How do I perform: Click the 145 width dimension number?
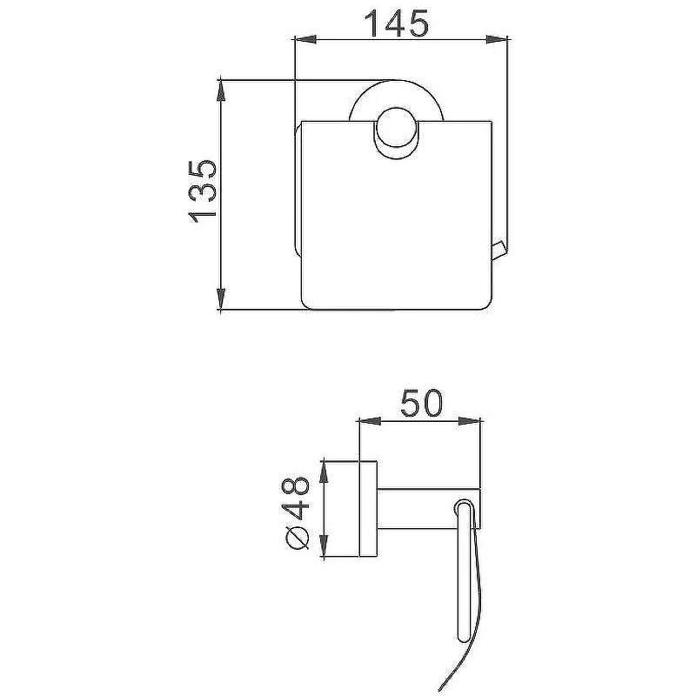(x=397, y=23)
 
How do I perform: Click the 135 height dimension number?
(x=203, y=188)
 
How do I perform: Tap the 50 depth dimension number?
(x=422, y=403)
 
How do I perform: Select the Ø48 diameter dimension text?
(x=296, y=513)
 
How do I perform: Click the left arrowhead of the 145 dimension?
(x=305, y=40)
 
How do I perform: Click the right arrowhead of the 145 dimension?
(x=496, y=40)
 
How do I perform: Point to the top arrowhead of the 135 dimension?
(x=221, y=91)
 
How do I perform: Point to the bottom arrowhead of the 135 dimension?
(x=221, y=298)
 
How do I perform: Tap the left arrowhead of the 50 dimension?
(x=369, y=421)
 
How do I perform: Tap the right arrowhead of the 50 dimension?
(x=469, y=421)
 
